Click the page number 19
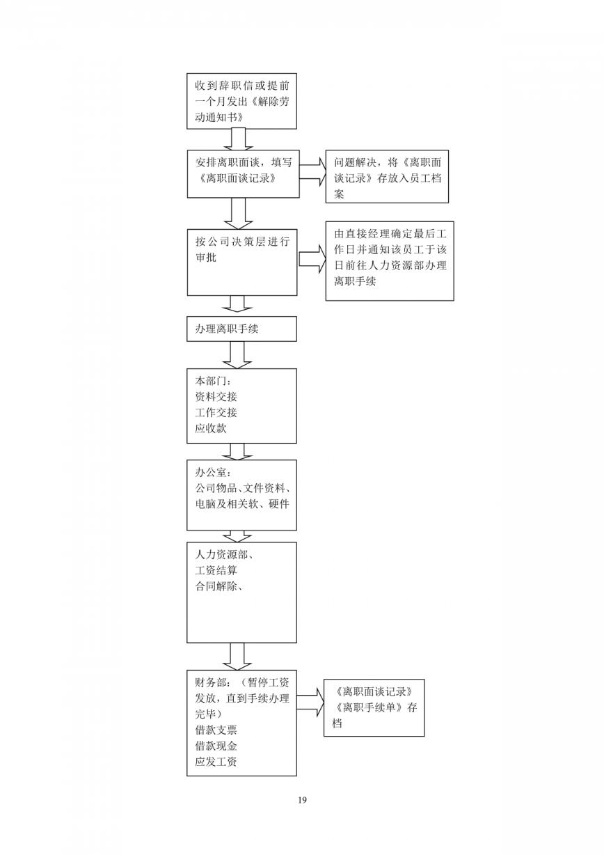click(302, 800)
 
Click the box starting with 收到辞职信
click(241, 101)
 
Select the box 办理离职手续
click(241, 329)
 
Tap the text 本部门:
click(213, 381)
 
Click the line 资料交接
click(216, 397)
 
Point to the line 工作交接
click(216, 412)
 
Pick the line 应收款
click(211, 428)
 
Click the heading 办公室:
click(213, 472)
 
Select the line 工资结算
click(216, 570)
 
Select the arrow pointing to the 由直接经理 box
click(312, 259)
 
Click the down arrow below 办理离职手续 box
click(237, 355)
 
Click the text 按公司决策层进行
click(242, 242)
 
